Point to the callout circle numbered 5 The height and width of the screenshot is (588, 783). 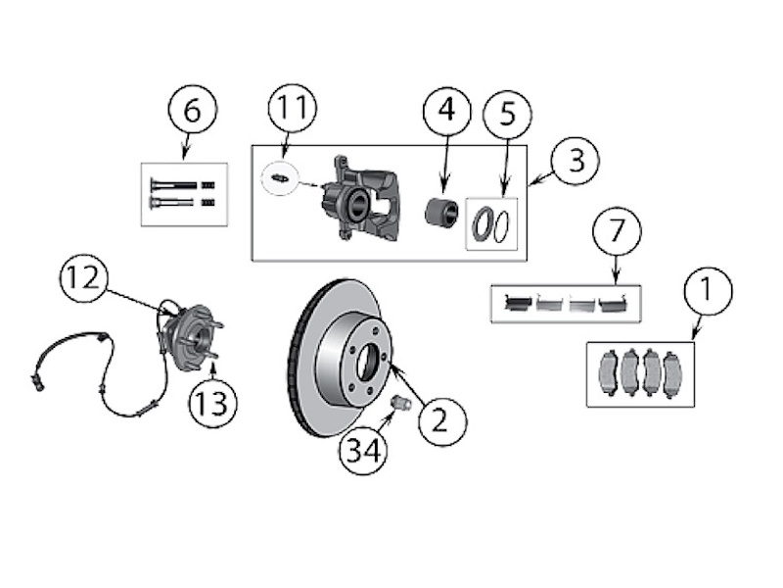[507, 115]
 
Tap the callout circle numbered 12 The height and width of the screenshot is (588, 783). [81, 278]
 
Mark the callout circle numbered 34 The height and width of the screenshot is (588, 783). [364, 451]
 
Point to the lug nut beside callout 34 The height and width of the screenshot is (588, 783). [399, 403]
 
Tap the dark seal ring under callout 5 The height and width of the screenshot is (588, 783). [484, 225]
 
